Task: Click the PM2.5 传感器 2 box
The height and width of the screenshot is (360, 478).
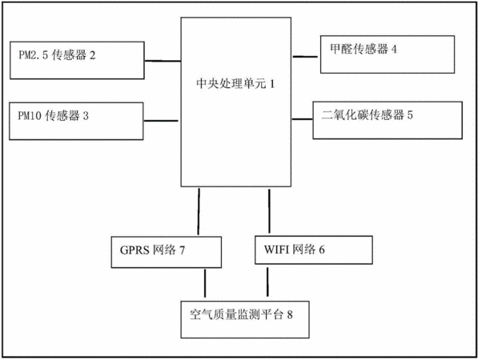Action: pyautogui.click(x=77, y=60)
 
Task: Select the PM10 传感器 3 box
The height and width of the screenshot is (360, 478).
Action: pyautogui.click(x=76, y=122)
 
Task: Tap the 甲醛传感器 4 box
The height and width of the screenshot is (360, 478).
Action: pyautogui.click(x=388, y=54)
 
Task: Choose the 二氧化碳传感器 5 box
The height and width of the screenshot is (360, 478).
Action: pyautogui.click(x=388, y=120)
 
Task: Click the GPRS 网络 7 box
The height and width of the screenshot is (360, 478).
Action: pyautogui.click(x=167, y=252)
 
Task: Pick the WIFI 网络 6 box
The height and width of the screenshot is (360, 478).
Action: pyautogui.click(x=314, y=250)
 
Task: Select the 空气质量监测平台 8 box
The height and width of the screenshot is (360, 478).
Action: pyautogui.click(x=245, y=319)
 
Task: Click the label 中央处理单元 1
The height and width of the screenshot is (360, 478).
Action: pyautogui.click(x=235, y=83)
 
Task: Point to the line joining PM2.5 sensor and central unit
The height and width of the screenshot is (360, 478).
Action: pyautogui.click(x=163, y=61)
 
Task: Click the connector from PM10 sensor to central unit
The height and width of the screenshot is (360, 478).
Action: pyautogui.click(x=161, y=121)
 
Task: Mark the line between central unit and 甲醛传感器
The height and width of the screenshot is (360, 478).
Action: pyautogui.click(x=305, y=56)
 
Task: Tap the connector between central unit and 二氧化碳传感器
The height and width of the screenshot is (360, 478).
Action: pyautogui.click(x=303, y=119)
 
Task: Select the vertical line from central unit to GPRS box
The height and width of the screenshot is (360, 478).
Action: pyautogui.click(x=199, y=212)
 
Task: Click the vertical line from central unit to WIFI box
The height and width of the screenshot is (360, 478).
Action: pyautogui.click(x=269, y=211)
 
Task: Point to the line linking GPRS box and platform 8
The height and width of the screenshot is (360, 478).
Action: pyautogui.click(x=205, y=283)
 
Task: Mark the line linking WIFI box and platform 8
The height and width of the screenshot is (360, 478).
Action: pyautogui.click(x=267, y=282)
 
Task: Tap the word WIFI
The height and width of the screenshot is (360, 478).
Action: pyautogui.click(x=276, y=250)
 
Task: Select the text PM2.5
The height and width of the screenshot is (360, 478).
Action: pyautogui.click(x=34, y=55)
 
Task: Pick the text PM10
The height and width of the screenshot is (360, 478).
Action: pyautogui.click(x=29, y=116)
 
